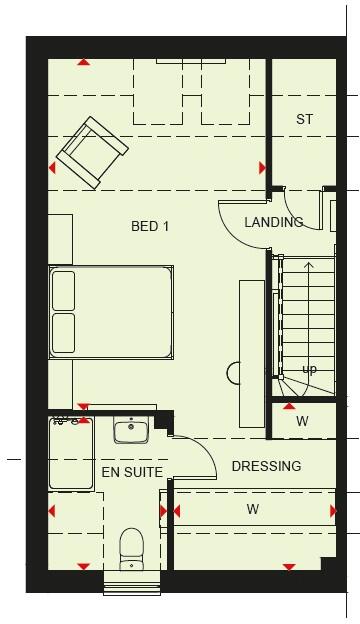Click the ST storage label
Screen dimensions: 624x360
[x=304, y=119]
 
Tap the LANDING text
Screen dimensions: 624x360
[x=273, y=222]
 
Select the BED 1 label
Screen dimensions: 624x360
[x=150, y=227]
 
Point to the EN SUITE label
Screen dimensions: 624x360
[x=132, y=472]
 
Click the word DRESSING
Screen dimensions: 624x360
[x=266, y=466]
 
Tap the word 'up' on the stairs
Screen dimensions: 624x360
[x=309, y=370]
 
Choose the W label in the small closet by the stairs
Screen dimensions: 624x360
[x=302, y=421]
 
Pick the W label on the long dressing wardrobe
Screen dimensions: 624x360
[x=253, y=508]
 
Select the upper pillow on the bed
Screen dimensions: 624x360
[x=64, y=290]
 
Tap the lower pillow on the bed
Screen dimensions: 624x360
[x=64, y=333]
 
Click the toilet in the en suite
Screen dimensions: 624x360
[x=132, y=550]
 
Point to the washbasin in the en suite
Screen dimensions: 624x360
[x=131, y=431]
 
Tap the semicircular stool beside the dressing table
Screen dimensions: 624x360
[x=233, y=373]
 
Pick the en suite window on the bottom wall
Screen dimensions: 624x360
[x=132, y=582]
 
